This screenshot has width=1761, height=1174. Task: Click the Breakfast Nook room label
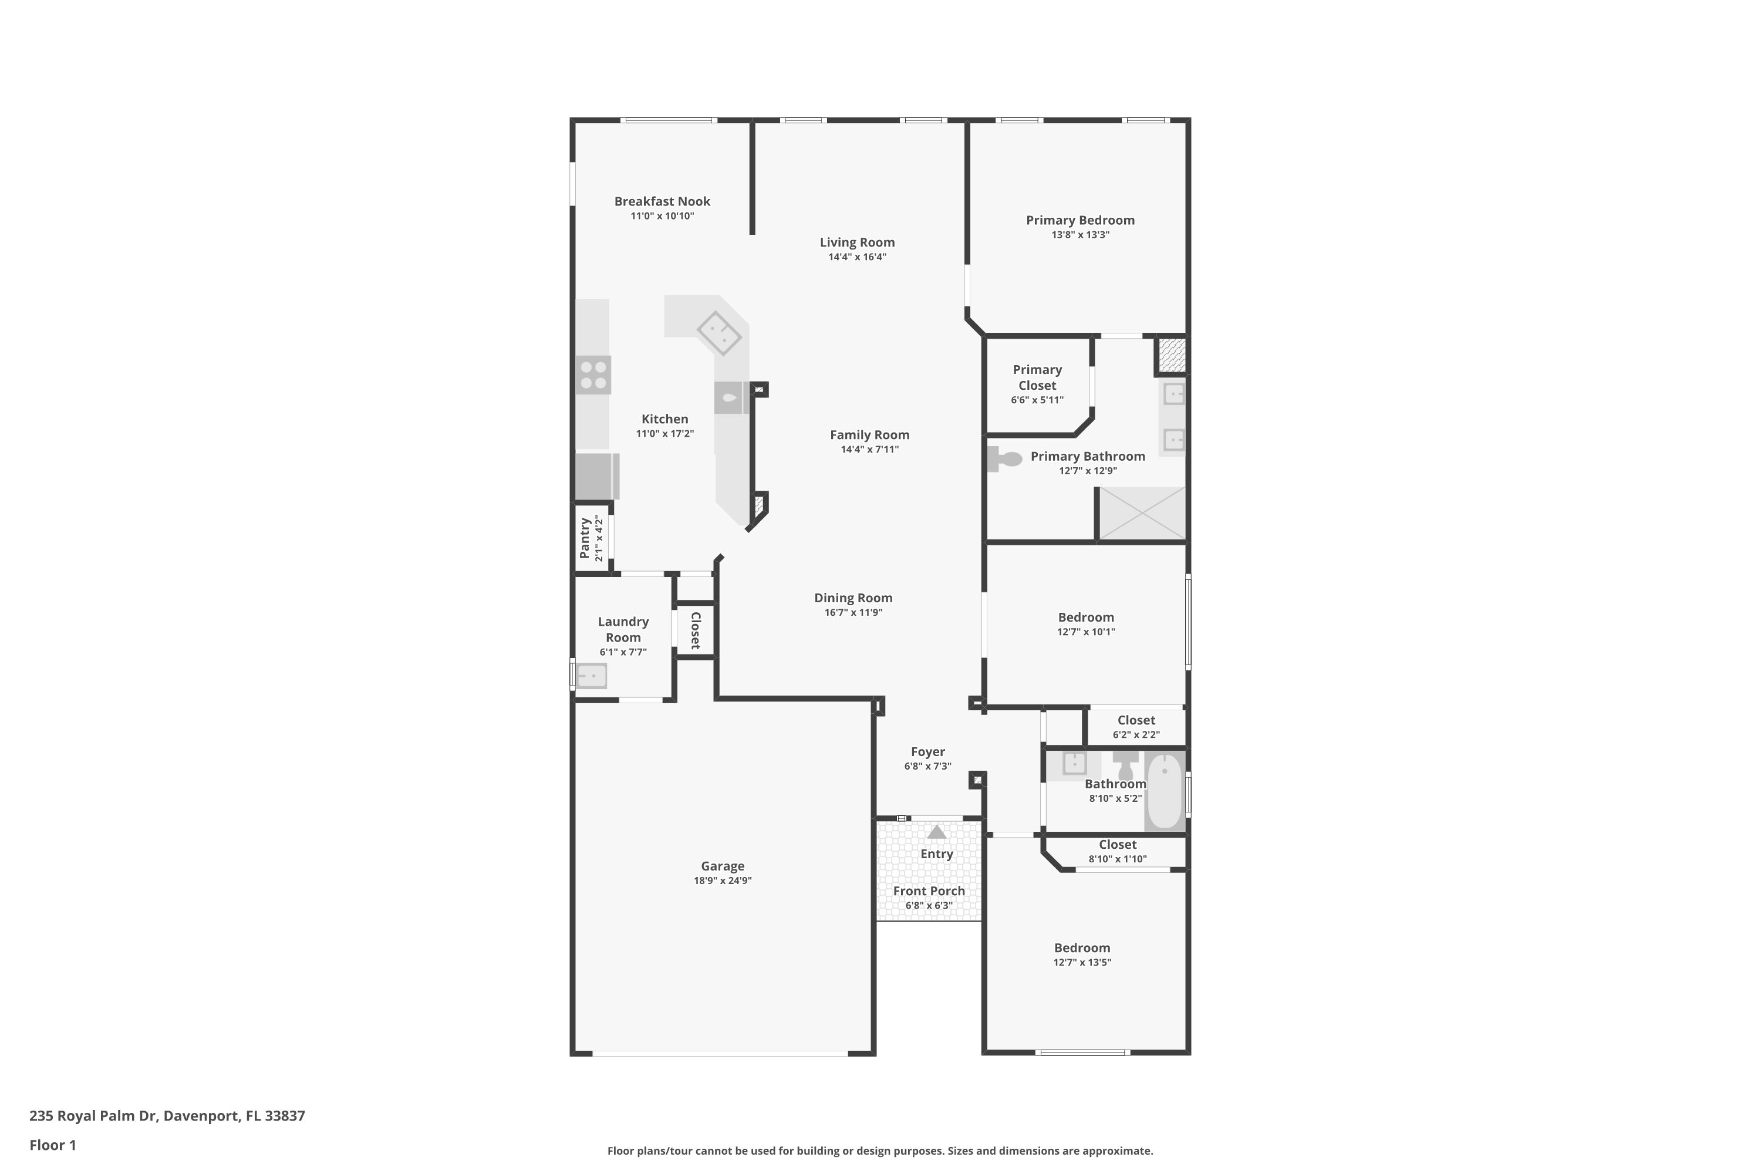pyautogui.click(x=662, y=201)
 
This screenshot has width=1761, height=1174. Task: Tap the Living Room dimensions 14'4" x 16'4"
pyautogui.click(x=857, y=257)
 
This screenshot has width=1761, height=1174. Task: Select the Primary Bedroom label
pyautogui.click(x=1079, y=220)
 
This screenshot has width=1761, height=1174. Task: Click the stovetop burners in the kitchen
pyautogui.click(x=593, y=375)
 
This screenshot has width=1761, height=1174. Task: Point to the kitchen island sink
pyautogui.click(x=730, y=397)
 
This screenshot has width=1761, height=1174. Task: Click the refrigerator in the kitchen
pyautogui.click(x=597, y=476)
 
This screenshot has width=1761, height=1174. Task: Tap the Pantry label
pyautogui.click(x=585, y=538)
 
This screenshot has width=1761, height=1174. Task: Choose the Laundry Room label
pyautogui.click(x=623, y=630)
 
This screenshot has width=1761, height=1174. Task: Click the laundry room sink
pyautogui.click(x=591, y=676)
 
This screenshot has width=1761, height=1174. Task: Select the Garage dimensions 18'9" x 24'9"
pyautogui.click(x=723, y=880)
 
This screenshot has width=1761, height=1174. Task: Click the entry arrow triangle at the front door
pyautogui.click(x=937, y=832)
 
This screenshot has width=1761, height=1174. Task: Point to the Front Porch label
pyautogui.click(x=929, y=891)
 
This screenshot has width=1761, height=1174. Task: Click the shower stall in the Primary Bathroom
pyautogui.click(x=1142, y=513)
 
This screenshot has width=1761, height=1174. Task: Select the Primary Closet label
pyautogui.click(x=1037, y=377)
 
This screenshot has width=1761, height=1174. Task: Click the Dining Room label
pyautogui.click(x=853, y=598)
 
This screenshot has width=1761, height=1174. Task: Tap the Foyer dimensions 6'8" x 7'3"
pyautogui.click(x=927, y=766)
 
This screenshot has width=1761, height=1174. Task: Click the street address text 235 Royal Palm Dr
pyautogui.click(x=93, y=1116)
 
